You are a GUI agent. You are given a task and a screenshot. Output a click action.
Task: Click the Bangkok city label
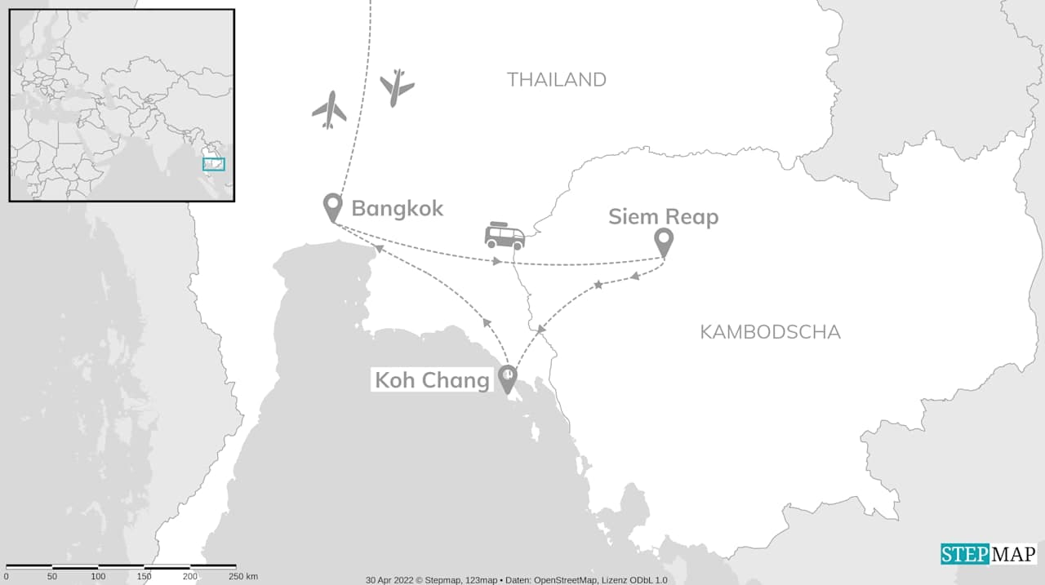click(x=397, y=208)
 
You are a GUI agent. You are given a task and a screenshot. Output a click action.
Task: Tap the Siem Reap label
click(x=663, y=217)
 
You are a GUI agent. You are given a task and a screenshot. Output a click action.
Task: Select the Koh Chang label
click(x=432, y=380)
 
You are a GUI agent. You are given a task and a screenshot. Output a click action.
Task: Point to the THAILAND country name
click(x=556, y=79)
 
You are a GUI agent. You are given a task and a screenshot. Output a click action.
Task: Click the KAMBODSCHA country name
click(x=770, y=332)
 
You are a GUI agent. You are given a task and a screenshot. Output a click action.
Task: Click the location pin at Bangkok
click(x=332, y=207)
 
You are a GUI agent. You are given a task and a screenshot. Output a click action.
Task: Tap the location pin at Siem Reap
click(x=664, y=242)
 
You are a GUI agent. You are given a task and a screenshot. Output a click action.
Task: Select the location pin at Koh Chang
click(x=508, y=379)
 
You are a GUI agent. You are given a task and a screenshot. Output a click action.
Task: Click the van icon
click(x=505, y=236)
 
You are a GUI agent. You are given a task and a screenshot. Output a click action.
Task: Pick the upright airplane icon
click(x=329, y=109)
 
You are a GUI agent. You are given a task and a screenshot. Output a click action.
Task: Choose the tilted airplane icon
click(x=397, y=86)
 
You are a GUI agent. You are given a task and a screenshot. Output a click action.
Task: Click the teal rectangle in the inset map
click(x=214, y=164)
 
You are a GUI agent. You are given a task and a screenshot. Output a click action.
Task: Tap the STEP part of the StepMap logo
click(x=965, y=555)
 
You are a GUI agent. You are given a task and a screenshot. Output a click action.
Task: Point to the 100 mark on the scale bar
click(x=98, y=577)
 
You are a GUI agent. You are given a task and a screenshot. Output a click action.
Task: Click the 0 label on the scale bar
click(x=6, y=577)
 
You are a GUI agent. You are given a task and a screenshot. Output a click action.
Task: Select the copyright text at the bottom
click(x=516, y=580)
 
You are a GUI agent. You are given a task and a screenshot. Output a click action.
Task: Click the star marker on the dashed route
click(x=598, y=285)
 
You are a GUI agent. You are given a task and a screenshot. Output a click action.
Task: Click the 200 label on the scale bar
click(x=190, y=577)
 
